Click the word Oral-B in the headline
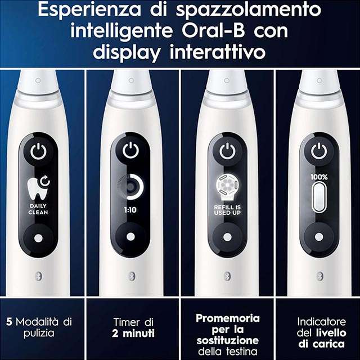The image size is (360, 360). click(213, 31)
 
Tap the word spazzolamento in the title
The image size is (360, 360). click(249, 11)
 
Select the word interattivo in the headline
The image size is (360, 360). click(218, 52)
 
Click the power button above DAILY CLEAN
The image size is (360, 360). click(38, 151)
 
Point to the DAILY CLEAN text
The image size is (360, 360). click(38, 209)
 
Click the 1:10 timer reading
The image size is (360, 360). click(130, 210)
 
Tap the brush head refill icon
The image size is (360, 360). click(227, 187)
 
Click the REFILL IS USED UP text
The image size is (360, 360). click(227, 210)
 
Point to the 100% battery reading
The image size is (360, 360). click(319, 177)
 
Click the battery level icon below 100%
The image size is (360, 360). click(319, 197)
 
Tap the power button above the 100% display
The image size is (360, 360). click(319, 151)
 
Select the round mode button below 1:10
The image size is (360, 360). click(130, 236)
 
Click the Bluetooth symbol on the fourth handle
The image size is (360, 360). click(319, 276)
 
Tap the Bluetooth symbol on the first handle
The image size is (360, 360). click(39, 276)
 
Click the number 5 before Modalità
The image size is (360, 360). click(9, 322)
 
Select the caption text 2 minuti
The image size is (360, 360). click(133, 334)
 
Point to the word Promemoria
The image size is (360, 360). click(228, 318)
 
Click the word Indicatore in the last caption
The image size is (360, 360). click(321, 322)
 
